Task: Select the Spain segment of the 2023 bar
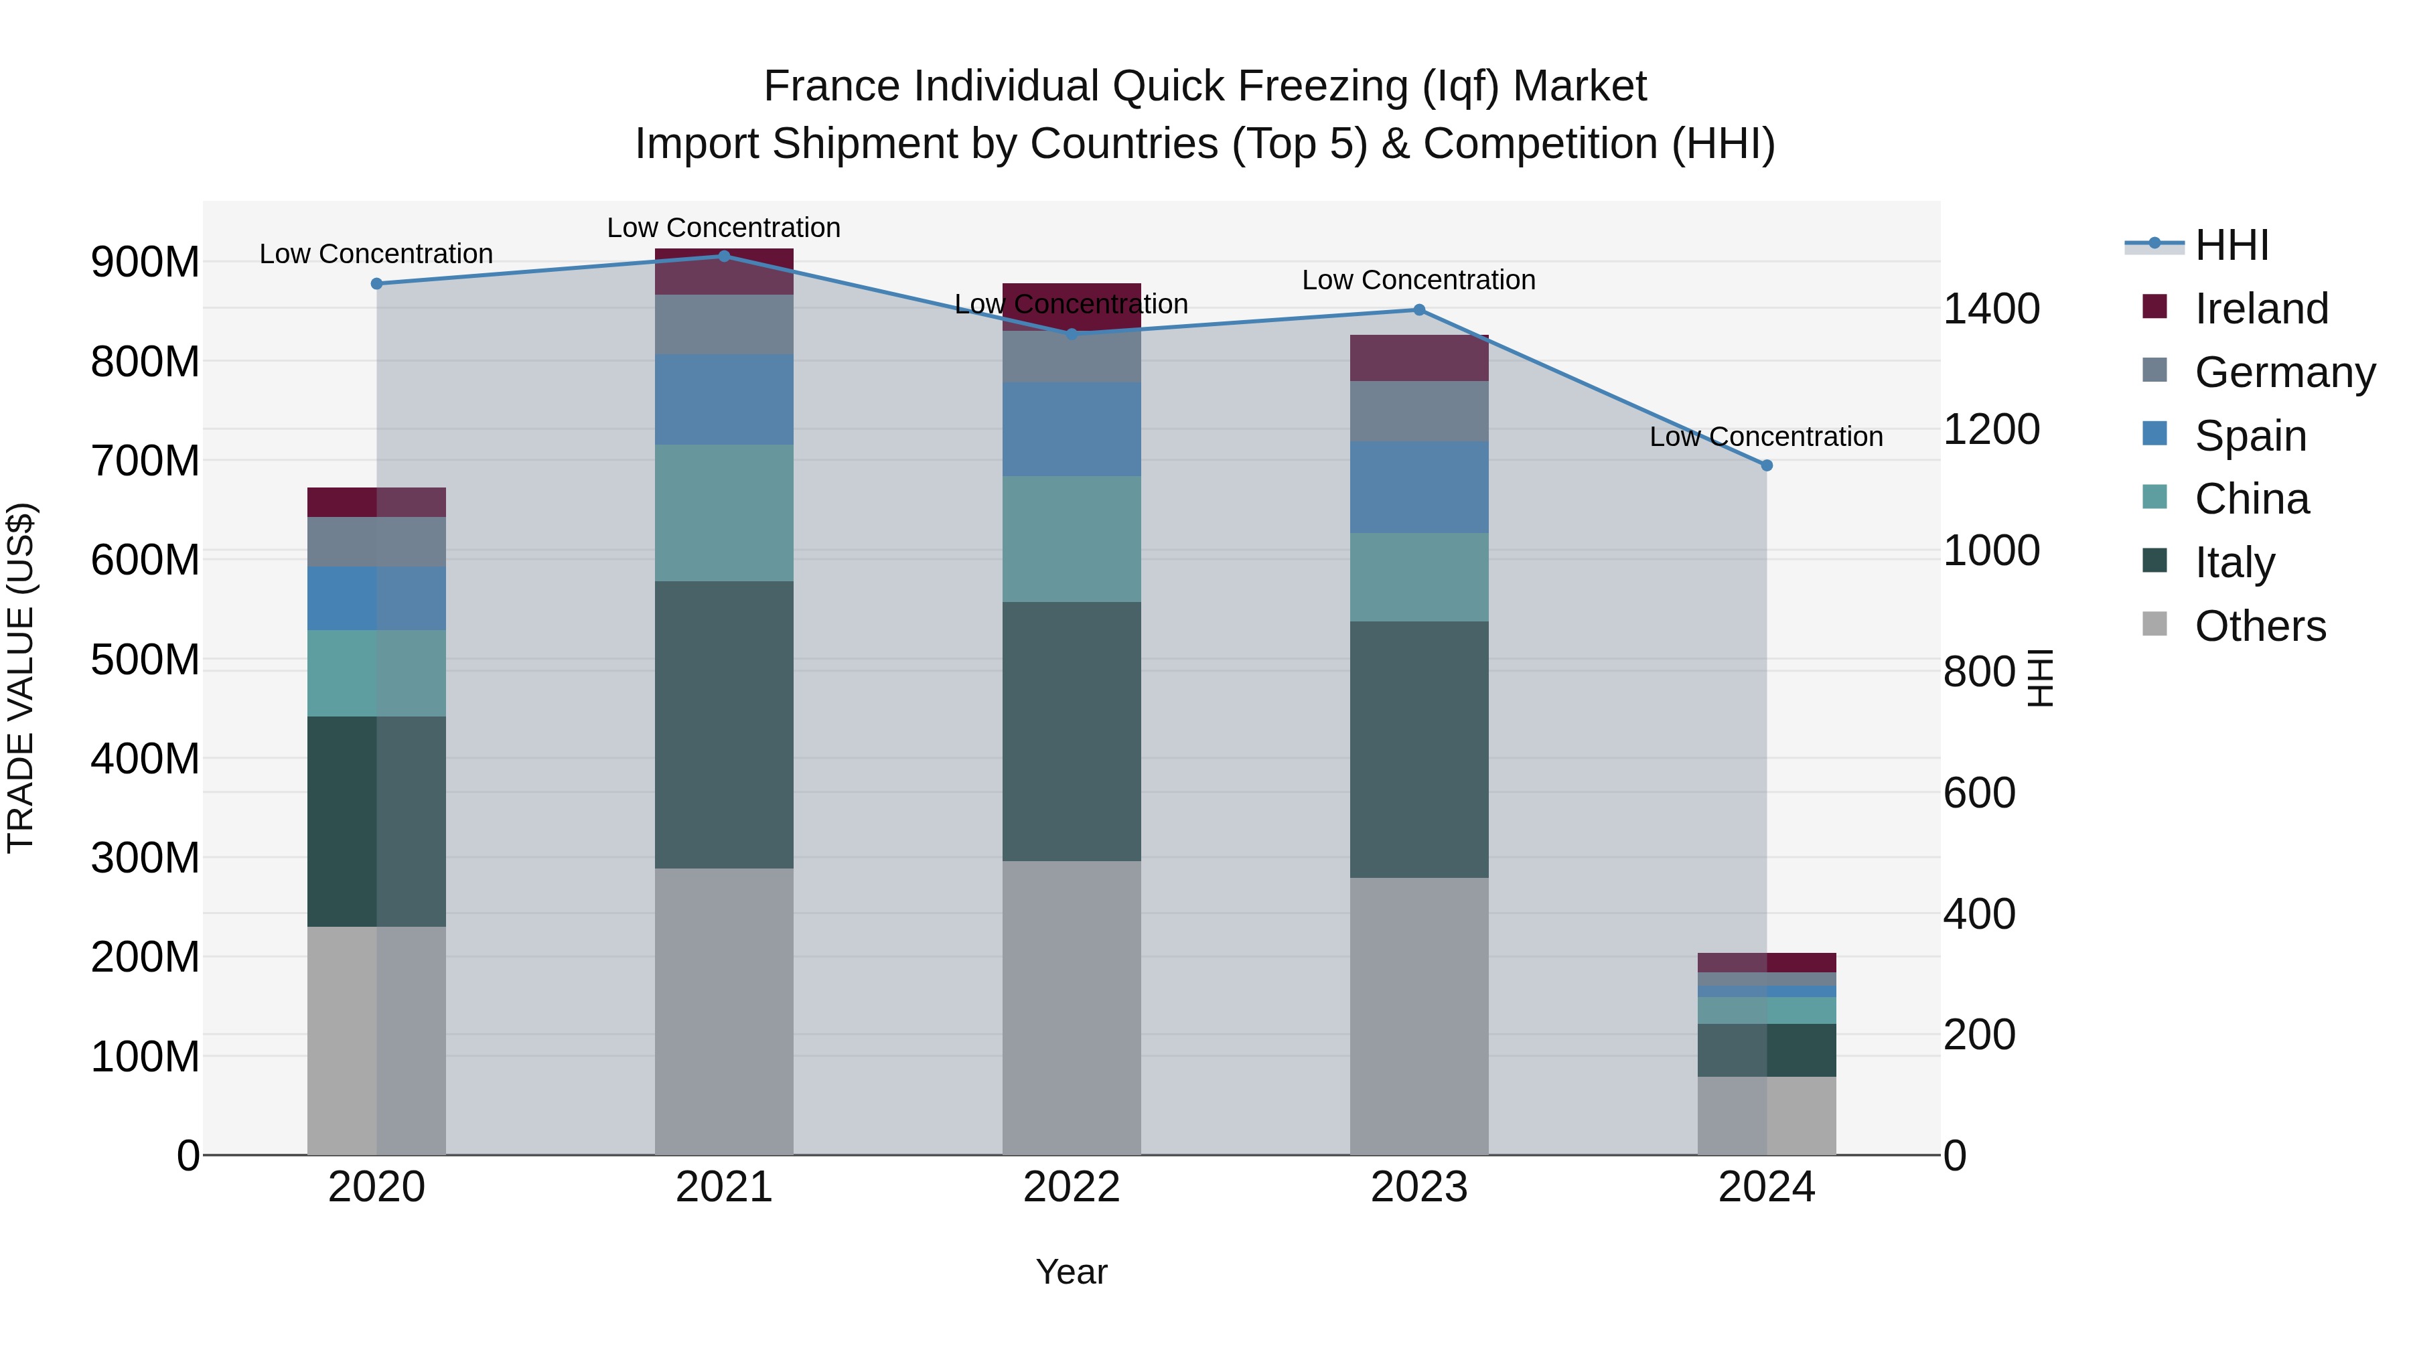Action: click(1419, 487)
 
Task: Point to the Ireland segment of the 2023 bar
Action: click(1419, 358)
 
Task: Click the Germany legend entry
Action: click(2284, 372)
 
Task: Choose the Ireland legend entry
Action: click(2260, 309)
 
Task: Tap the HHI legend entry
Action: click(2232, 245)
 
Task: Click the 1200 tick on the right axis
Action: click(1991, 429)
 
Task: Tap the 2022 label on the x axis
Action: click(1072, 1187)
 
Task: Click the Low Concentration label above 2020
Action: click(376, 254)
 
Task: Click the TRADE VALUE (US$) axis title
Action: click(21, 678)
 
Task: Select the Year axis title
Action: click(1072, 1272)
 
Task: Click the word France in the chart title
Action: click(833, 86)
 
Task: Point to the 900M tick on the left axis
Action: click(145, 262)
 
